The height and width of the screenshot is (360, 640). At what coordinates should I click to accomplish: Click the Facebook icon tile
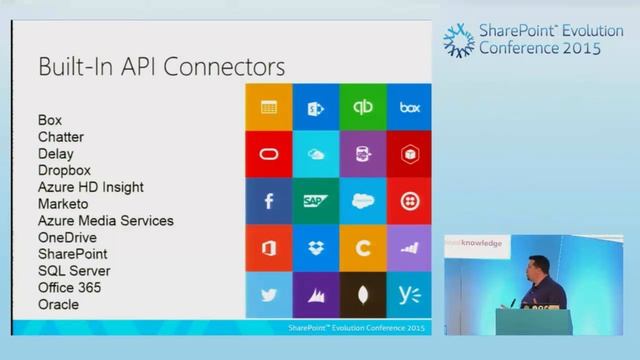click(x=268, y=201)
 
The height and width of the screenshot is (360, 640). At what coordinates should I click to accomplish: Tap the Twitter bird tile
click(x=268, y=295)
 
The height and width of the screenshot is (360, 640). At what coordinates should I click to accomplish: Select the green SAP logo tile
click(x=315, y=201)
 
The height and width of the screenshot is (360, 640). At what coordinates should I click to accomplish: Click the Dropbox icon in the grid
click(x=315, y=248)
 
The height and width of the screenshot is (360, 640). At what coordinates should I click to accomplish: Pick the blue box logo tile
click(x=409, y=107)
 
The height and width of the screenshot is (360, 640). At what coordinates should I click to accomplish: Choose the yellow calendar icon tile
click(x=268, y=107)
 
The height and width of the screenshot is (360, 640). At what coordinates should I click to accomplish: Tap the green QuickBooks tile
click(x=362, y=107)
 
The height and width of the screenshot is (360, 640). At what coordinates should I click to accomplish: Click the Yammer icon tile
click(x=409, y=295)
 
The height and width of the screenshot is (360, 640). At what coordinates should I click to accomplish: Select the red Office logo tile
click(x=268, y=248)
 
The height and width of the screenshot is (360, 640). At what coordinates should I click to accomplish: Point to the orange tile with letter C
click(x=362, y=248)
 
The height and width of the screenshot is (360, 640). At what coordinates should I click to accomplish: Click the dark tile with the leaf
click(x=362, y=295)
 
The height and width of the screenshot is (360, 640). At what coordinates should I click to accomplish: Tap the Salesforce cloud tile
click(x=362, y=201)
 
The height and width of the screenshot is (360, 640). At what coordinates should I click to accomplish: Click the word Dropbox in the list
click(x=64, y=170)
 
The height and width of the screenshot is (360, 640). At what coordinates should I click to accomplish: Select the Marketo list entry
click(x=63, y=204)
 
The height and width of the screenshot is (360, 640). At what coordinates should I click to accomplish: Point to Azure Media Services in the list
click(x=105, y=220)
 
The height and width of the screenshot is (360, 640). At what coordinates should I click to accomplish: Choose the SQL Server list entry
click(x=74, y=271)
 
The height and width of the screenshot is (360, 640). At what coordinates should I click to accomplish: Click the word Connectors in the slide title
click(x=225, y=67)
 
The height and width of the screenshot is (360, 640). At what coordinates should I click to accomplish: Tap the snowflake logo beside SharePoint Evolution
click(x=459, y=40)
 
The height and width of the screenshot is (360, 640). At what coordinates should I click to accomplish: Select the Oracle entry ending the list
click(x=58, y=304)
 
